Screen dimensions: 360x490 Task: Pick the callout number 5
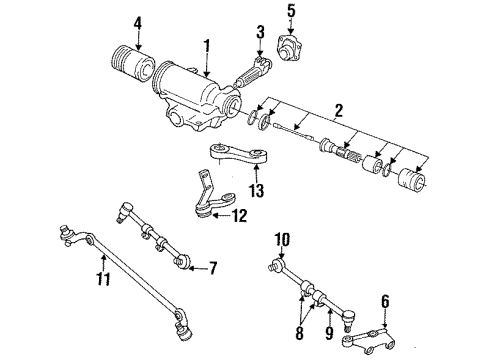coord(291,12)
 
